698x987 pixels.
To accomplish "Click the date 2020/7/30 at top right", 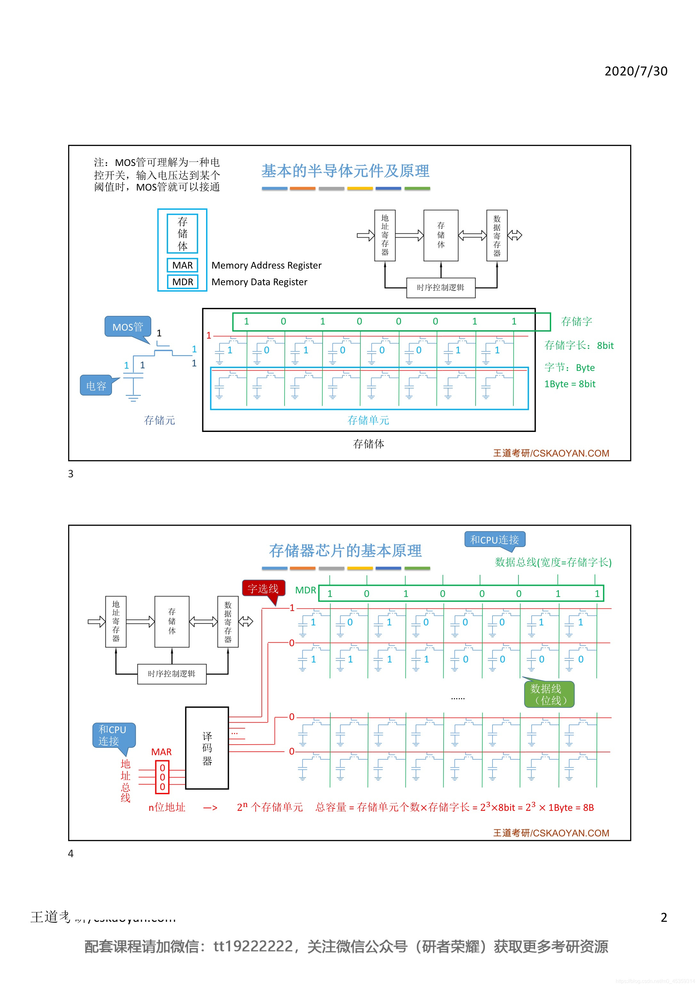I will tap(635, 71).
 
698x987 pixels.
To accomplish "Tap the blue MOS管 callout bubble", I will tap(127, 327).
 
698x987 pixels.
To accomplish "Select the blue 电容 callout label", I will tap(96, 386).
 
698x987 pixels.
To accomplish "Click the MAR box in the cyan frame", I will tap(182, 265).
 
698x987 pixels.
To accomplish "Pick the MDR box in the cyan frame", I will tap(182, 282).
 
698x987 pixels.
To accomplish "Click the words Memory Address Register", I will tap(266, 265).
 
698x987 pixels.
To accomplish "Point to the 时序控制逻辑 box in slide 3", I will tap(440, 287).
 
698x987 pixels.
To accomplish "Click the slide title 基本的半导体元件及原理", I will tap(345, 171).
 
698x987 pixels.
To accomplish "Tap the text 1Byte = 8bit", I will tap(569, 384).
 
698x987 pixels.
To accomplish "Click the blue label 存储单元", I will tap(368, 420).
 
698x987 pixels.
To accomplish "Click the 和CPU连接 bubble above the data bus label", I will tap(494, 539).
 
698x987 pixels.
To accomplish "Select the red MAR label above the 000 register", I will tap(161, 752).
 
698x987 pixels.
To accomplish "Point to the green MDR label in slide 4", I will tap(306, 590).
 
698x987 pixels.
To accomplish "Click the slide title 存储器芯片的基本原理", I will tap(345, 551).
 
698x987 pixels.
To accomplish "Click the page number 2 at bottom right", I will tap(663, 917).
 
